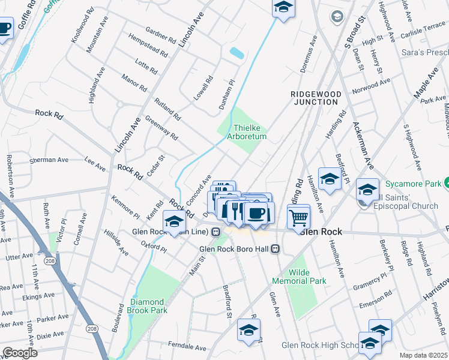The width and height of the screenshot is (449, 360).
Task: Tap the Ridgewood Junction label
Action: pyautogui.click(x=316, y=98)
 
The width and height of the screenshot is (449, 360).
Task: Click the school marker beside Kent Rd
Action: pyautogui.click(x=174, y=222)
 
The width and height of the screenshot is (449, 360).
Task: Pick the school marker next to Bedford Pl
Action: pyautogui.click(x=330, y=179)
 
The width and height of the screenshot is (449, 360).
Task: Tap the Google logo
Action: pyautogui.click(x=19, y=353)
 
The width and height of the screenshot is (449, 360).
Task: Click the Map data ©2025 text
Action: pyautogui.click(x=424, y=355)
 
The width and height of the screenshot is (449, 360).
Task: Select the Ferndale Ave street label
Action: pyautogui.click(x=188, y=347)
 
